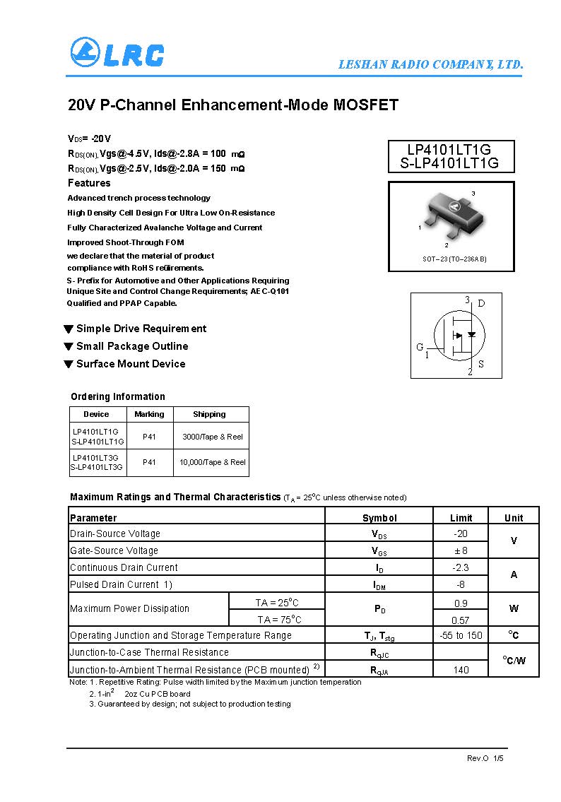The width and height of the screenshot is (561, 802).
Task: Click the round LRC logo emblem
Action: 85,52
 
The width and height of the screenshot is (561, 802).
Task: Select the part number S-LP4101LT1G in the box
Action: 451,163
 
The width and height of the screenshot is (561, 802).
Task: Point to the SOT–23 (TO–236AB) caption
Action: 454,259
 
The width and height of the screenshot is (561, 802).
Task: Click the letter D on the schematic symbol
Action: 481,304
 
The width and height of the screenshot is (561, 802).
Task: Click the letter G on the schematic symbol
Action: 420,347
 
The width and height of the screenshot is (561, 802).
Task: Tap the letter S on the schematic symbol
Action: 481,365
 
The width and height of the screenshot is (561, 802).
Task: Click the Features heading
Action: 89,183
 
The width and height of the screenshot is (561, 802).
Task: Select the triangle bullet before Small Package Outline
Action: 69,346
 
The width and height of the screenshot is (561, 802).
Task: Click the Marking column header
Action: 149,414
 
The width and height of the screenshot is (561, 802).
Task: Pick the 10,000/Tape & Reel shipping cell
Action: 212,462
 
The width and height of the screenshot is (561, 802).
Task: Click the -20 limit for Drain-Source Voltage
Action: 461,533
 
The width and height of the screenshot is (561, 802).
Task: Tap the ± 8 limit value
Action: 461,550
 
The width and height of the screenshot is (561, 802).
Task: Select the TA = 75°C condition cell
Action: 278,620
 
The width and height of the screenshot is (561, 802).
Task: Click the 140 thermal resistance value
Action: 461,670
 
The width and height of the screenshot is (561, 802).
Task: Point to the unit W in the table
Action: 514,608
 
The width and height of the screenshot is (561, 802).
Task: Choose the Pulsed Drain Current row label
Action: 121,584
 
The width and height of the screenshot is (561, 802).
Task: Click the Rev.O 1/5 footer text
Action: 485,758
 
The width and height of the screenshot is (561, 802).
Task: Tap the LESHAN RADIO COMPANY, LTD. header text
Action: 430,64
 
